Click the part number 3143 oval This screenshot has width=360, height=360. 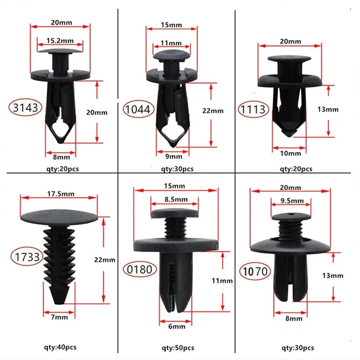click(25, 107)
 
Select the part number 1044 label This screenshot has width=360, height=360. click(139, 108)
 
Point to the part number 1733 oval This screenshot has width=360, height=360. click(26, 257)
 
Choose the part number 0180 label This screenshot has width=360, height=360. click(140, 269)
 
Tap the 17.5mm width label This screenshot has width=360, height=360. click(59, 194)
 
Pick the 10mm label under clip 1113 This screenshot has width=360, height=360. click(290, 153)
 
